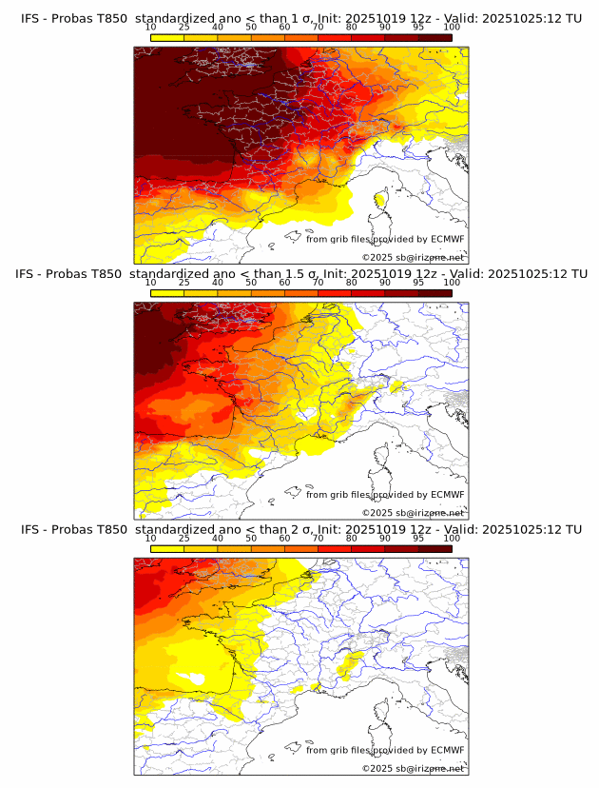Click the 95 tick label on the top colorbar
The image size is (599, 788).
(418, 27)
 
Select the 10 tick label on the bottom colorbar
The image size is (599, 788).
(150, 538)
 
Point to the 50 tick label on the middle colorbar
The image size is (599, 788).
(251, 282)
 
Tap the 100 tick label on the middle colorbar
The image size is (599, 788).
(452, 282)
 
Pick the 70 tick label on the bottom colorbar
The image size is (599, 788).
(318, 538)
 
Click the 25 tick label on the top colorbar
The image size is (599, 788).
(184, 27)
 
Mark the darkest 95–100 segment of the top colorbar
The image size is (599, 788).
(435, 37)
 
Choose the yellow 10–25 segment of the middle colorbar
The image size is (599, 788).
(167, 292)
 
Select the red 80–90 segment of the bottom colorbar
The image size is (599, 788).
(368, 548)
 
